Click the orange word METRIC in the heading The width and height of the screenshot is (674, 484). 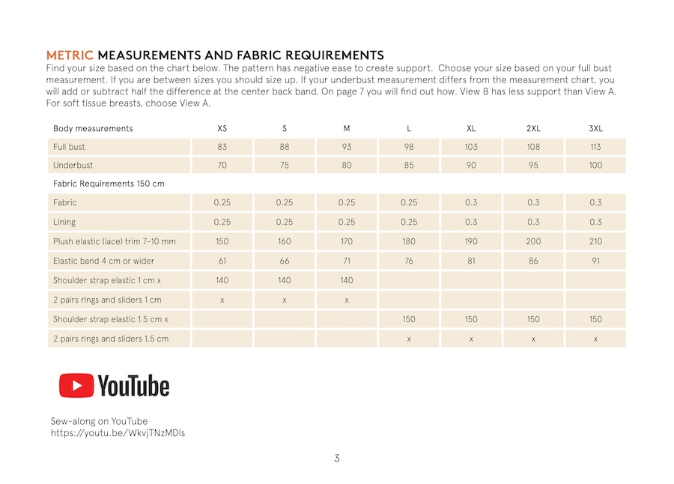(70, 55)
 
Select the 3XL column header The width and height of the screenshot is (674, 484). (595, 128)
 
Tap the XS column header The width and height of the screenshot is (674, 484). (222, 128)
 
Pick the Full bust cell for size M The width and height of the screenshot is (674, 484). (347, 147)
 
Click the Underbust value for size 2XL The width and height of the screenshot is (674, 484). (533, 165)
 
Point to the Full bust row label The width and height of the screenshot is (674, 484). (69, 147)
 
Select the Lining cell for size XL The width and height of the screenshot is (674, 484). (471, 222)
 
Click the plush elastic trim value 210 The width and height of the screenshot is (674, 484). (595, 241)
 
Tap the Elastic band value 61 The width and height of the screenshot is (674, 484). (222, 261)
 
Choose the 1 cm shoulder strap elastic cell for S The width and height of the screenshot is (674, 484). (285, 280)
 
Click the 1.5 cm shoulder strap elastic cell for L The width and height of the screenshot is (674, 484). (409, 319)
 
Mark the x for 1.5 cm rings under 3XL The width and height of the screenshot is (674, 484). (595, 339)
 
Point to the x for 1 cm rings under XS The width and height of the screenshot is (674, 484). (222, 300)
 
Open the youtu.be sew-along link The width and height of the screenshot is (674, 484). (118, 433)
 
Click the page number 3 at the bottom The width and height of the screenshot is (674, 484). (337, 459)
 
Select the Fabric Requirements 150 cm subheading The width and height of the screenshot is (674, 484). (109, 184)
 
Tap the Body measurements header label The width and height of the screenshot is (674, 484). (93, 128)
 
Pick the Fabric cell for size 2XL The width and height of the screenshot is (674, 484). (533, 202)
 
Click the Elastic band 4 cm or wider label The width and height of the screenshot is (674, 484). (108, 261)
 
